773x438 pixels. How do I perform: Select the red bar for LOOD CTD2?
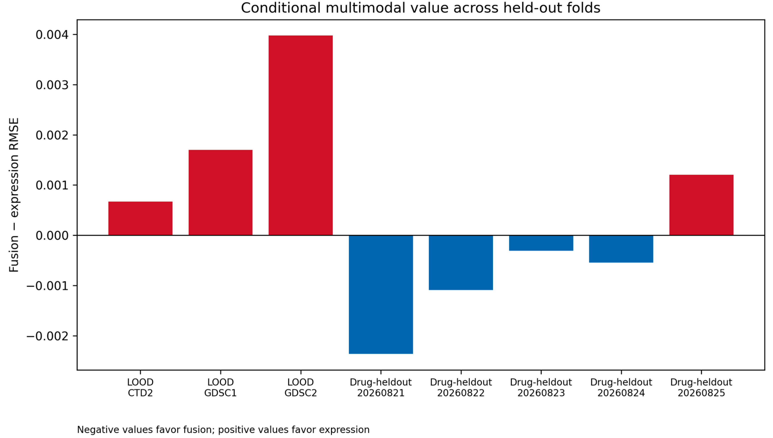click(140, 218)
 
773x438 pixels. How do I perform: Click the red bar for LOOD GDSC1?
click(221, 192)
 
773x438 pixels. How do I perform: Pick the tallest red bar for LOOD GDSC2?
click(300, 135)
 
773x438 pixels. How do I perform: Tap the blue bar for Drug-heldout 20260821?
click(381, 295)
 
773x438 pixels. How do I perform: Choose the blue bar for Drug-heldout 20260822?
click(461, 263)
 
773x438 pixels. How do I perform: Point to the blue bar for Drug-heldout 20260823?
click(541, 243)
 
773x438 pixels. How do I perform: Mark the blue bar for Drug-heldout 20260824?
click(621, 249)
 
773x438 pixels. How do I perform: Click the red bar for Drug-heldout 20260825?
click(701, 205)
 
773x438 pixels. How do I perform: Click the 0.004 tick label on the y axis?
click(52, 35)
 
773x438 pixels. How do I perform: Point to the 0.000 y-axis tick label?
click(52, 236)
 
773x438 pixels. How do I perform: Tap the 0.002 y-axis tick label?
click(52, 135)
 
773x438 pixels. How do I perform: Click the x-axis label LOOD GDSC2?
click(300, 387)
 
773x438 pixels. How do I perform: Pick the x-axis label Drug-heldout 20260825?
click(701, 387)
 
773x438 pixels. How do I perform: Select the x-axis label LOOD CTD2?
click(140, 387)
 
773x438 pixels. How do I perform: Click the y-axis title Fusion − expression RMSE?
click(14, 195)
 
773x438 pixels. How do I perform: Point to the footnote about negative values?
click(223, 430)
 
